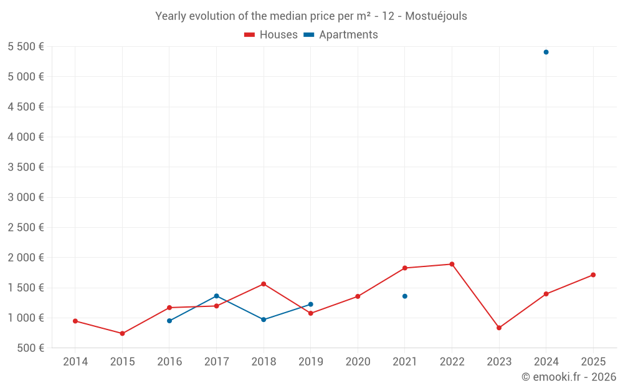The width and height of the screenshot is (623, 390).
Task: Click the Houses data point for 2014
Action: tap(75, 321)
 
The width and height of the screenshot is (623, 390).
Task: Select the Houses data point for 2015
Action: tap(122, 333)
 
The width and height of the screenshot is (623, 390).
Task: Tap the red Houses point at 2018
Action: tap(264, 284)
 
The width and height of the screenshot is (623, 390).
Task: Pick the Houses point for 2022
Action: tap(452, 264)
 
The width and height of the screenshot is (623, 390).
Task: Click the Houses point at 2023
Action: tap(499, 328)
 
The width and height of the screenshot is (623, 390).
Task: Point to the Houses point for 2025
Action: tap(593, 275)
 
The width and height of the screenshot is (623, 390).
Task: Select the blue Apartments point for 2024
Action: tap(546, 52)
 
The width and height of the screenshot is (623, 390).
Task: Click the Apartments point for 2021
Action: tap(405, 296)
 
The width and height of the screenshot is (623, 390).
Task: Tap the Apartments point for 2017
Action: tap(216, 296)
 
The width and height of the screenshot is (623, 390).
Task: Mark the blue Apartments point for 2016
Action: tap(169, 321)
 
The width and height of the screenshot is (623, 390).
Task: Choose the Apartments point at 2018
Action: tap(264, 319)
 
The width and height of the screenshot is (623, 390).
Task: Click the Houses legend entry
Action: tap(271, 35)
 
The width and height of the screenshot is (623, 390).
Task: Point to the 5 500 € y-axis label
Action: tap(26, 46)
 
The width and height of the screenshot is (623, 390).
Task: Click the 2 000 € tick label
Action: tap(26, 257)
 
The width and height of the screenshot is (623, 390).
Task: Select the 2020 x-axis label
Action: tap(358, 361)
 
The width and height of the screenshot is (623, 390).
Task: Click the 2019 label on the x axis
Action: tap(310, 361)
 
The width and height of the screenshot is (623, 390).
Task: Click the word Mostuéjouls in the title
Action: tap(436, 16)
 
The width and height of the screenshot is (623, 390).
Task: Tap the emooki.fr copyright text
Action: tap(568, 376)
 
